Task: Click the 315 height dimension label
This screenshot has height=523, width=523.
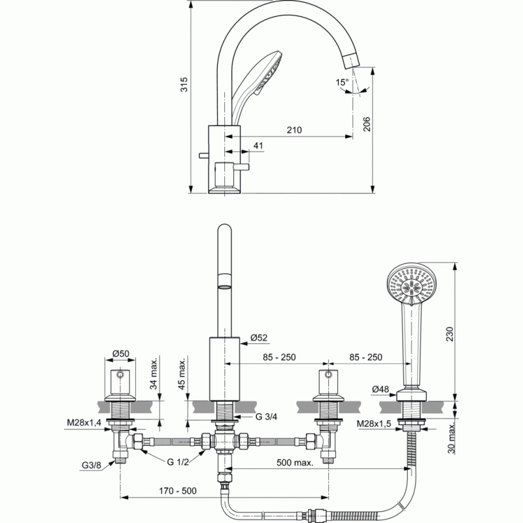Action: tap(184, 84)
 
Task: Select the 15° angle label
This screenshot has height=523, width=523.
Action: tap(342, 82)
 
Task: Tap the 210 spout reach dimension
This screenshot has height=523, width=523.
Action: tap(294, 129)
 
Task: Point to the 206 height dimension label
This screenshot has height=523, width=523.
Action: tap(366, 124)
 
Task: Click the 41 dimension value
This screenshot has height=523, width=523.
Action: tap(258, 145)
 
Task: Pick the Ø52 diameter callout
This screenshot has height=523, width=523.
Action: tap(259, 338)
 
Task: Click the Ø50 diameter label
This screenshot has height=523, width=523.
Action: tap(120, 353)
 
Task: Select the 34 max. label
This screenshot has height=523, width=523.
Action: tap(153, 374)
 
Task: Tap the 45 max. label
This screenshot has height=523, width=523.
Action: tap(182, 374)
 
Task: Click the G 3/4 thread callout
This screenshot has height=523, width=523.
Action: tap(266, 416)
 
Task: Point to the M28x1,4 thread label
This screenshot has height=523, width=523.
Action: tap(84, 422)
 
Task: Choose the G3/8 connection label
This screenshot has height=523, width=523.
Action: tap(91, 465)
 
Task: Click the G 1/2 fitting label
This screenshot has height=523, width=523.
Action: tap(178, 462)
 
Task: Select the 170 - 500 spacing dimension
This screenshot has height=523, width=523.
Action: tap(178, 491)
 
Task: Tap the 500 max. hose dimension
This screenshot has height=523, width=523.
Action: tap(295, 462)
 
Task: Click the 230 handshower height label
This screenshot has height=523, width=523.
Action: tap(450, 334)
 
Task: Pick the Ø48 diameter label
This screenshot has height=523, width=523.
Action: tap(380, 389)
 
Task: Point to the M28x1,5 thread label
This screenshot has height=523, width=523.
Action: tap(373, 424)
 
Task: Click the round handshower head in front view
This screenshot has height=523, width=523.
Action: tap(412, 284)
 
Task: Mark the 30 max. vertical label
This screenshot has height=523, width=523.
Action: tap(451, 438)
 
